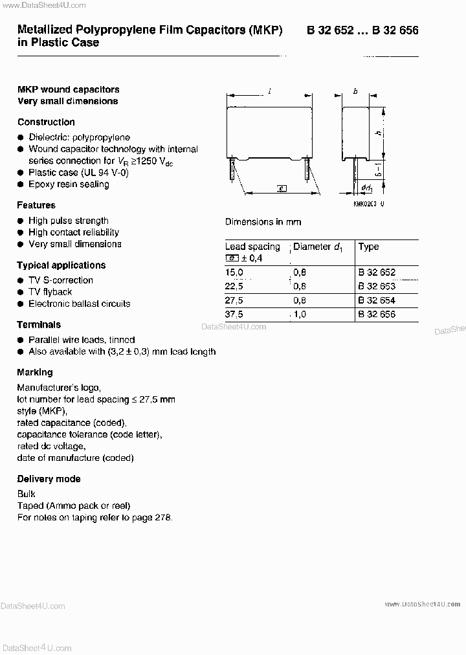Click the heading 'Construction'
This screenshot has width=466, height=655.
click(x=46, y=122)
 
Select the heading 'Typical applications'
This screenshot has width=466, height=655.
click(x=61, y=265)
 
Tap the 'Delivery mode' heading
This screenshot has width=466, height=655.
click(x=49, y=479)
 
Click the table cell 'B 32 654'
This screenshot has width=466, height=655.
click(x=376, y=300)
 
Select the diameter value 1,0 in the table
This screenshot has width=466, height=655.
click(x=300, y=314)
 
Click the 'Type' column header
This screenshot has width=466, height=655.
click(x=368, y=247)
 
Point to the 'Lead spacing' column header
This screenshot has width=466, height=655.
click(x=252, y=247)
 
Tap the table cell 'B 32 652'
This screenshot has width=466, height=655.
click(x=376, y=272)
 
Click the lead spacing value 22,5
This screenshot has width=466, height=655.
click(x=234, y=286)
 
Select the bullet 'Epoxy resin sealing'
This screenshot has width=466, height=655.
click(x=69, y=184)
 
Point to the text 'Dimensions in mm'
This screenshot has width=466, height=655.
click(x=263, y=221)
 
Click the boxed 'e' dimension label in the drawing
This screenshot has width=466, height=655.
click(x=281, y=188)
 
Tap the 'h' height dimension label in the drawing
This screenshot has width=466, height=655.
click(x=377, y=133)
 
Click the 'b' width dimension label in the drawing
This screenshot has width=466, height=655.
click(x=355, y=92)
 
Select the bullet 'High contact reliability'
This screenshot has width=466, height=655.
click(x=73, y=232)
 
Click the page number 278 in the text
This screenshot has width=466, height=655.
click(x=164, y=517)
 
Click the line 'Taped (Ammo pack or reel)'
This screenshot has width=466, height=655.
click(x=74, y=505)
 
